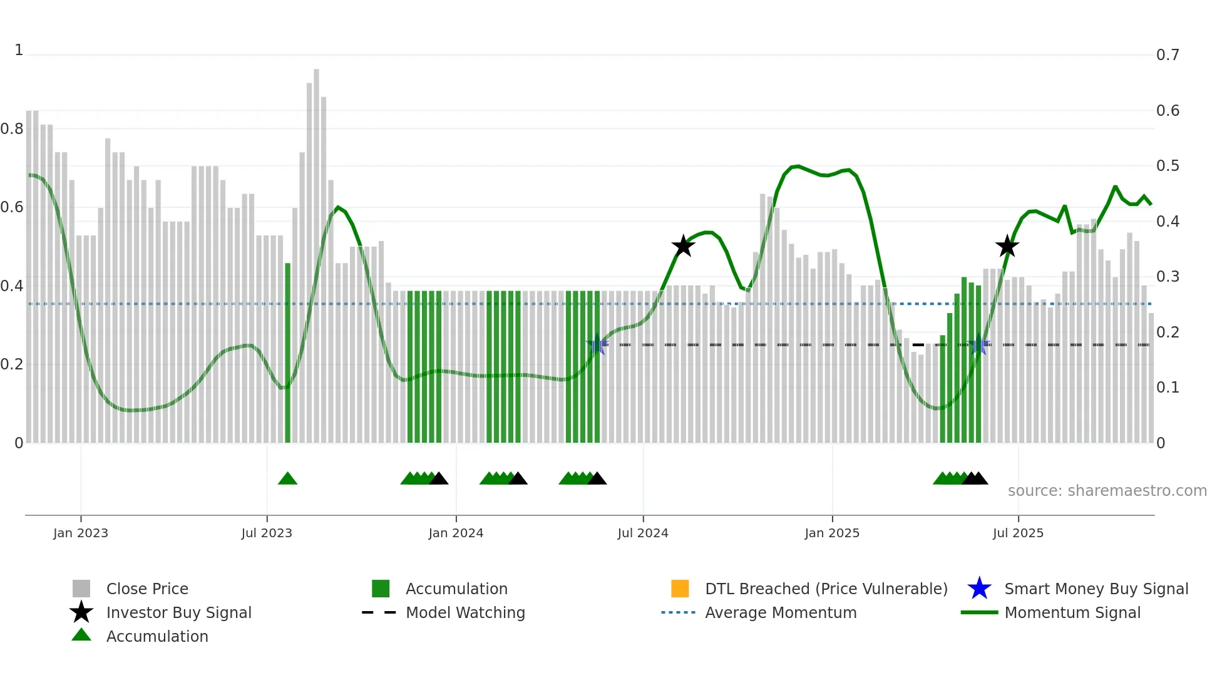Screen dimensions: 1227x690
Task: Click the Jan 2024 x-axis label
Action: [x=456, y=533]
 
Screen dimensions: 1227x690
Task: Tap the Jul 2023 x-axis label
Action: [x=267, y=533]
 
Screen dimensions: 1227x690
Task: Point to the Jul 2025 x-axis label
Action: [x=1018, y=533]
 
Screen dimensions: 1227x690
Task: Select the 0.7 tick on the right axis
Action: [x=1168, y=55]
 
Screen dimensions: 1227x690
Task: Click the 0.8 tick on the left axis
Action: [x=12, y=129]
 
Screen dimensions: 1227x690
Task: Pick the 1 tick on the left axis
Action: [x=19, y=50]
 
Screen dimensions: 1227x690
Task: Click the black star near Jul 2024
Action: [x=683, y=246]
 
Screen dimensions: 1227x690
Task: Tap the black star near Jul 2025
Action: [x=1007, y=247]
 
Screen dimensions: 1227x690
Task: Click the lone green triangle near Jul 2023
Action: [x=287, y=479]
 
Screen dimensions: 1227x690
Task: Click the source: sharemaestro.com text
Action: [x=1107, y=491]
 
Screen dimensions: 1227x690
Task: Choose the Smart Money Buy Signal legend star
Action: [x=979, y=589]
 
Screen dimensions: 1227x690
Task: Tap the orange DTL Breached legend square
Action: [x=680, y=589]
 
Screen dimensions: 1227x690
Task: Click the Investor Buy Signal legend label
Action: [x=179, y=612]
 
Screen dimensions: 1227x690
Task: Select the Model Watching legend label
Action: [x=465, y=612]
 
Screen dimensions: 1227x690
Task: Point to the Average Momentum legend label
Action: [x=781, y=612]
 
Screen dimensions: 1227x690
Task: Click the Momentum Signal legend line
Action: [x=979, y=612]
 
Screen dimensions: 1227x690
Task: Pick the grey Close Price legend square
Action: [x=81, y=589]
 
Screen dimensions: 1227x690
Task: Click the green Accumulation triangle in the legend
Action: [x=81, y=636]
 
